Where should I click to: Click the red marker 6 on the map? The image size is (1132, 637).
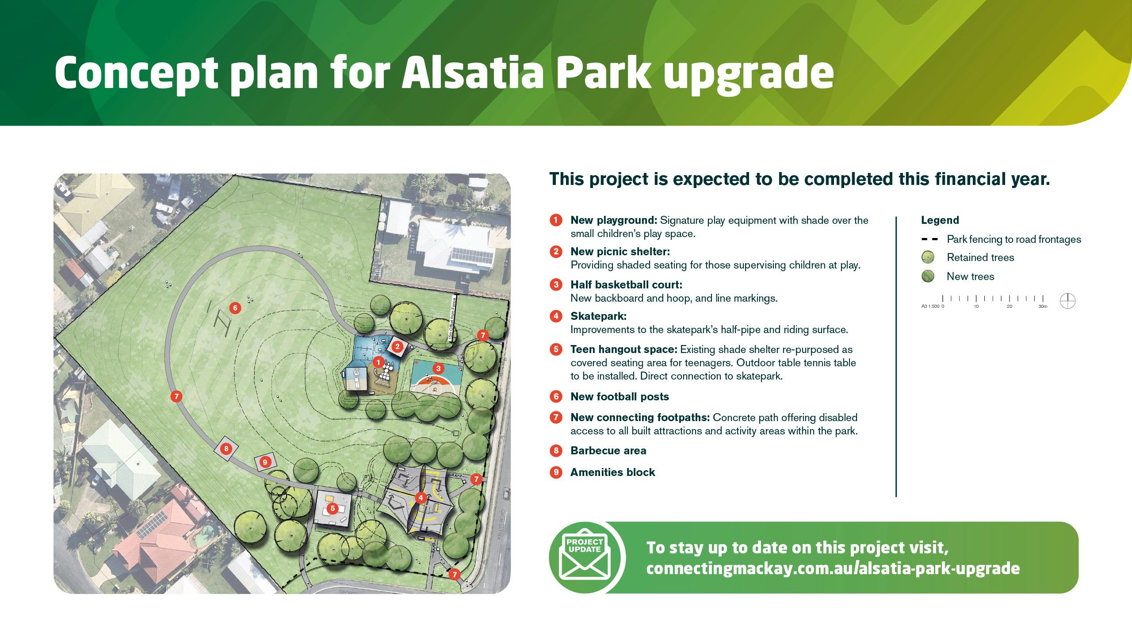(235, 308)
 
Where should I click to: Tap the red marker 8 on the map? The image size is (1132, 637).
(226, 449)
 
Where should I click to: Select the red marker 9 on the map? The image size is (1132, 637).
(265, 462)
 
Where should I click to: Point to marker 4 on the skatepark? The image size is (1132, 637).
(421, 498)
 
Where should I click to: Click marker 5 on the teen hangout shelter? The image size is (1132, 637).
(333, 509)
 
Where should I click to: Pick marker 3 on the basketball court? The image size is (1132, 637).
(438, 368)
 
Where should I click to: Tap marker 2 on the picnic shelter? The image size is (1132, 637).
(397, 346)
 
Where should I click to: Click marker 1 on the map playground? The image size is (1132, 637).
(378, 362)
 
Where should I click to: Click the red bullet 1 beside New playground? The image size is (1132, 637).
(556, 220)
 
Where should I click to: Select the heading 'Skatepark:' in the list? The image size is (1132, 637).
(598, 316)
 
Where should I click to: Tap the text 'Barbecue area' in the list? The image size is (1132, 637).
(608, 451)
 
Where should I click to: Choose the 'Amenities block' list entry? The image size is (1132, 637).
(612, 472)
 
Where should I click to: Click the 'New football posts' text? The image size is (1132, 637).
(620, 397)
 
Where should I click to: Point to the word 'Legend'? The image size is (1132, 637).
(940, 220)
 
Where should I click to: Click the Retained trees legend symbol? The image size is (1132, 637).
(928, 257)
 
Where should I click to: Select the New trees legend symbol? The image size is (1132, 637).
(928, 276)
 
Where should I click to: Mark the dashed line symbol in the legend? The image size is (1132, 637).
(929, 239)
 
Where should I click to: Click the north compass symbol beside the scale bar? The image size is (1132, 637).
(1068, 301)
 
